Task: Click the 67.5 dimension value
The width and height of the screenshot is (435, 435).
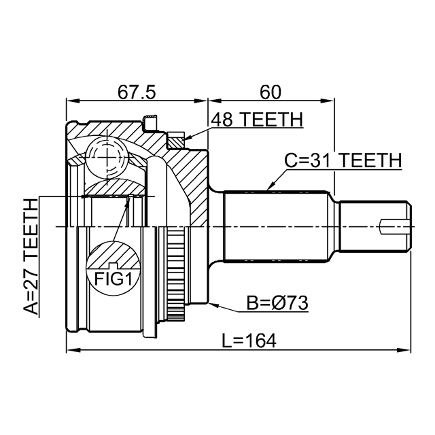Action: (137, 91)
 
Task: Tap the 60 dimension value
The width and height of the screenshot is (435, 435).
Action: (271, 91)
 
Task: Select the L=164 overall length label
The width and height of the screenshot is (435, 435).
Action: (249, 340)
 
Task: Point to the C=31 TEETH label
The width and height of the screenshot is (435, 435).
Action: (343, 160)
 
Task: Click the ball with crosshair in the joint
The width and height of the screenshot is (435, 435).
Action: (107, 158)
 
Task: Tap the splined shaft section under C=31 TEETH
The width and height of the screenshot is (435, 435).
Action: (279, 226)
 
